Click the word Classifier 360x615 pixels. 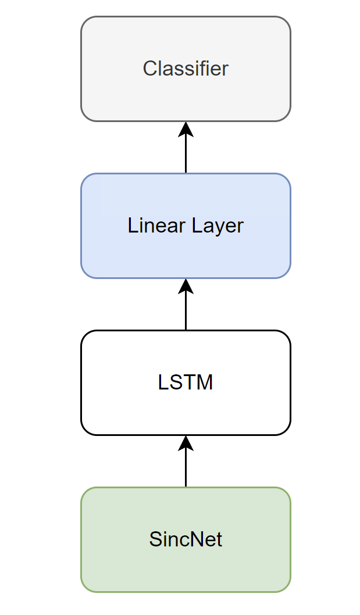coord(186,69)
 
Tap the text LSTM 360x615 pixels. coord(186,382)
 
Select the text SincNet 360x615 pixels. coord(186,539)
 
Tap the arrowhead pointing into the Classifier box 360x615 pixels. coord(186,129)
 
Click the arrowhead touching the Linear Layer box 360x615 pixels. coord(186,286)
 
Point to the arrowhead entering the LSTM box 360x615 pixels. coord(186,443)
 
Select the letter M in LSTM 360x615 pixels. coord(205,382)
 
